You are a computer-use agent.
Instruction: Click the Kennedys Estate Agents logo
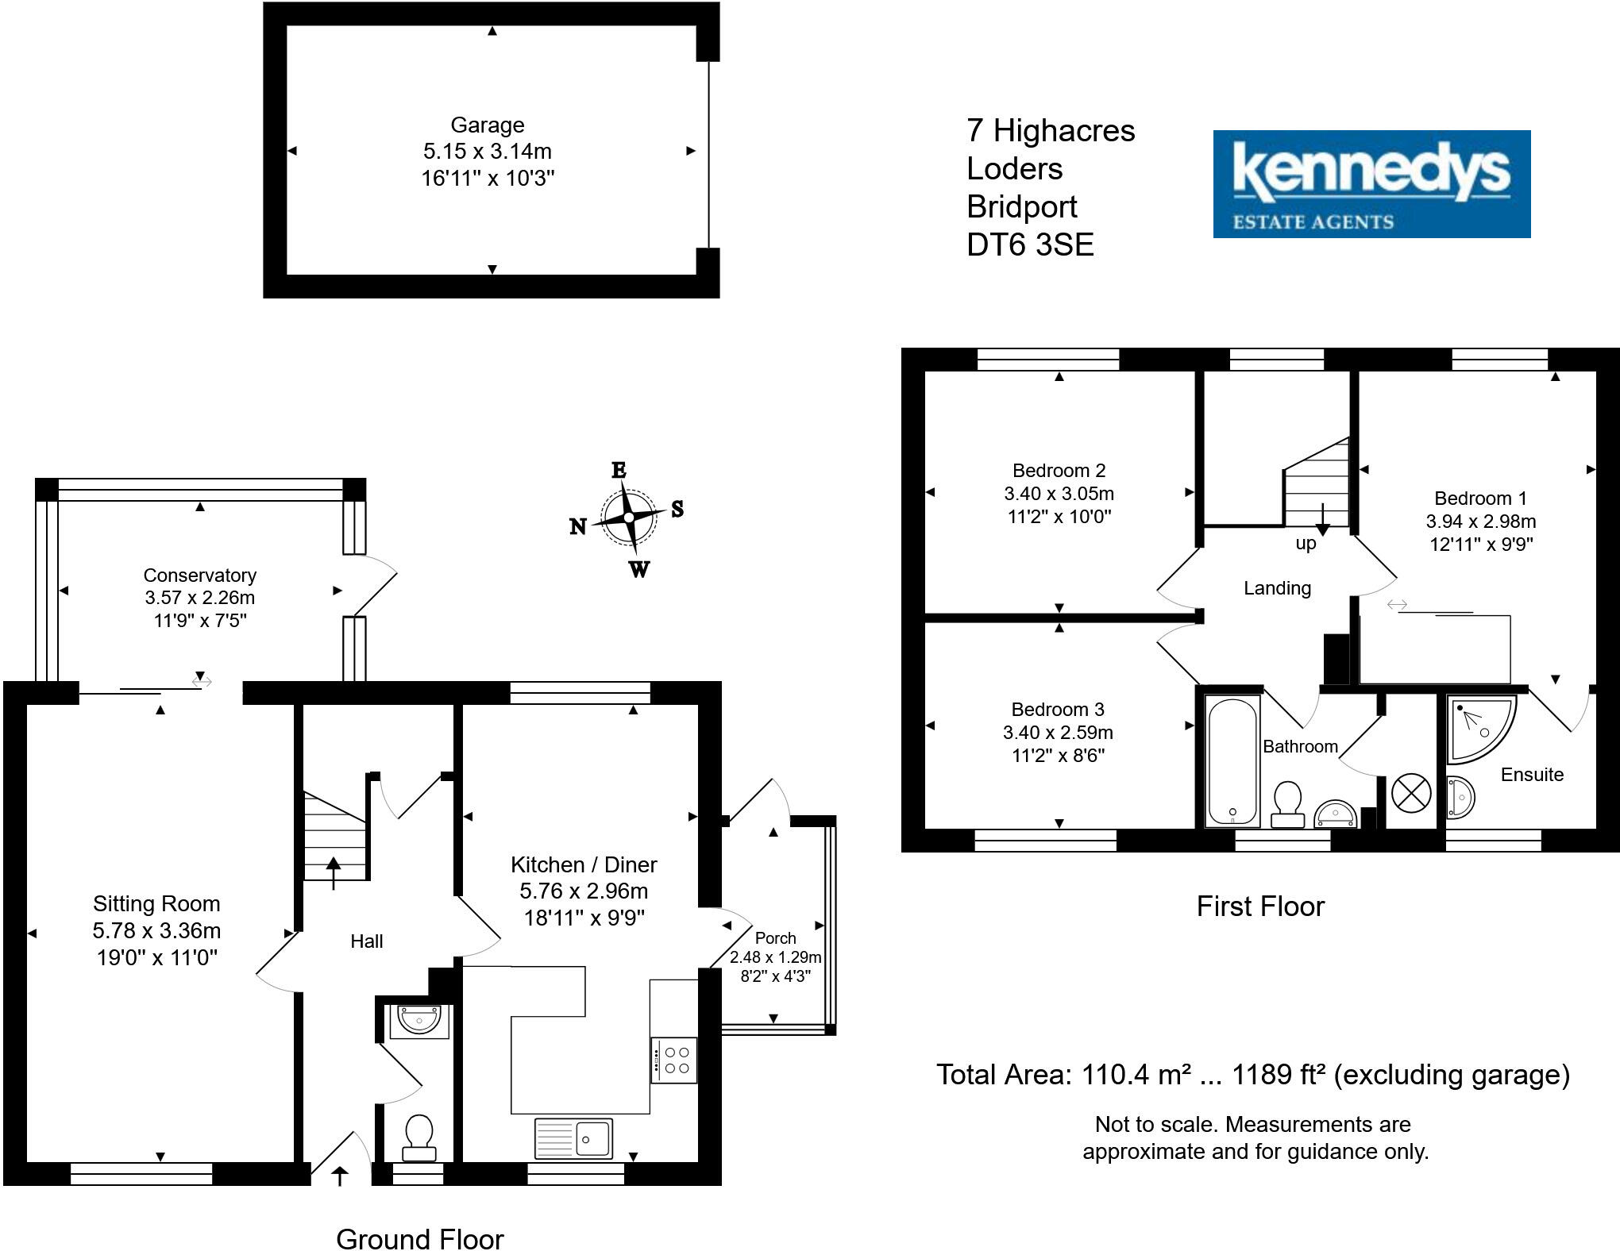coord(1371,183)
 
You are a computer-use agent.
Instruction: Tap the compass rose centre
coord(628,518)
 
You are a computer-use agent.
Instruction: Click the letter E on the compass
coord(619,470)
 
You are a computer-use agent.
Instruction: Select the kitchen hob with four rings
coord(675,1060)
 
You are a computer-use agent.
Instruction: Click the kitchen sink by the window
coord(573,1138)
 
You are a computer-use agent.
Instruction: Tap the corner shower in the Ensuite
coord(1477,726)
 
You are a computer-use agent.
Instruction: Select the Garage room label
coord(487,125)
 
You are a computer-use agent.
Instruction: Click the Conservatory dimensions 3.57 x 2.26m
coord(200,598)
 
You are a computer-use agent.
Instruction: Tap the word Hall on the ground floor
coord(366,941)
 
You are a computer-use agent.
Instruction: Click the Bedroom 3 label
coord(1057,710)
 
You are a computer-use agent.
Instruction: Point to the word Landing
coord(1277,588)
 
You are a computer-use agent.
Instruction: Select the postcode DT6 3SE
coord(1030,244)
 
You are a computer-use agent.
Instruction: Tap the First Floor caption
coord(1260,906)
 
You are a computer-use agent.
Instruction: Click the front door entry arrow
coord(340,1175)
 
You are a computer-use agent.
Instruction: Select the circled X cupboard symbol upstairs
coord(1411,793)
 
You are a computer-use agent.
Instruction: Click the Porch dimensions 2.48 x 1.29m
coord(775,957)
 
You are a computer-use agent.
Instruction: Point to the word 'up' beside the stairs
coord(1306,544)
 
